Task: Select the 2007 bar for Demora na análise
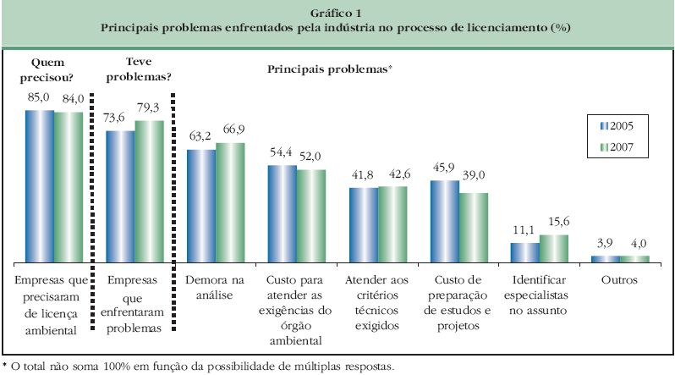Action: point(230,201)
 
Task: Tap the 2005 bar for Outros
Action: point(606,257)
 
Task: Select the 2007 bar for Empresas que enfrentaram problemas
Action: point(149,190)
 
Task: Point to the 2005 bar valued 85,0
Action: point(39,185)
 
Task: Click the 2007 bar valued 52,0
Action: point(311,215)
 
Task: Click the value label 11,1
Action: point(524,230)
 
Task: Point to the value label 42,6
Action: point(392,174)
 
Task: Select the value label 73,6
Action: point(120,119)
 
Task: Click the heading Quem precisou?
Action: point(49,69)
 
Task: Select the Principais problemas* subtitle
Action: point(330,68)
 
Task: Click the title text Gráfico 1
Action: point(336,13)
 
